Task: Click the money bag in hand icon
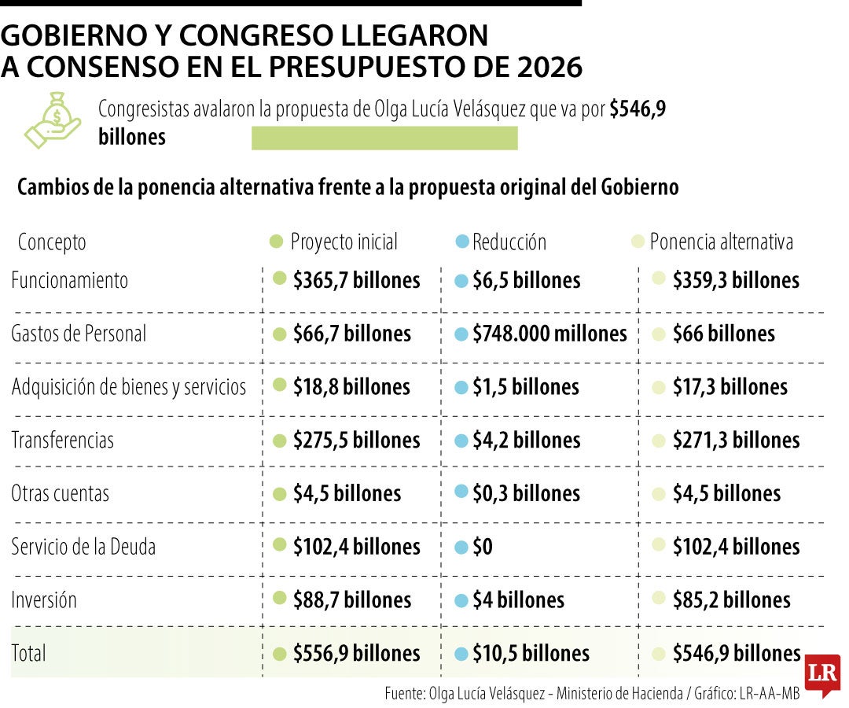pos(53,120)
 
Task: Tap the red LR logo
pos(822,674)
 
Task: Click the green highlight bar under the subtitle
pos(384,138)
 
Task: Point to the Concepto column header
pos(52,242)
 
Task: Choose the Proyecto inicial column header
pos(344,242)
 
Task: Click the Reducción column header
pos(509,242)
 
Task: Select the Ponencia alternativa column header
pos(721,242)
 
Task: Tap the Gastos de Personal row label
pos(79,334)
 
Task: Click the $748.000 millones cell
pos(549,334)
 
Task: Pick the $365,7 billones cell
pos(356,280)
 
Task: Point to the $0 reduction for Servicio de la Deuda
pos(483,547)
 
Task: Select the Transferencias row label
pos(62,440)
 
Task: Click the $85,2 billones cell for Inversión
pos(731,600)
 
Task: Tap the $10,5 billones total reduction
pos(531,654)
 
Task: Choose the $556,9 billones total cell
pos(356,654)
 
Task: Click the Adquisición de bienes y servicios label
pos(129,387)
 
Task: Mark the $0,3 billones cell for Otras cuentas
pos(526,493)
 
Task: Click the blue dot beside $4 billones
pos(461,600)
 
